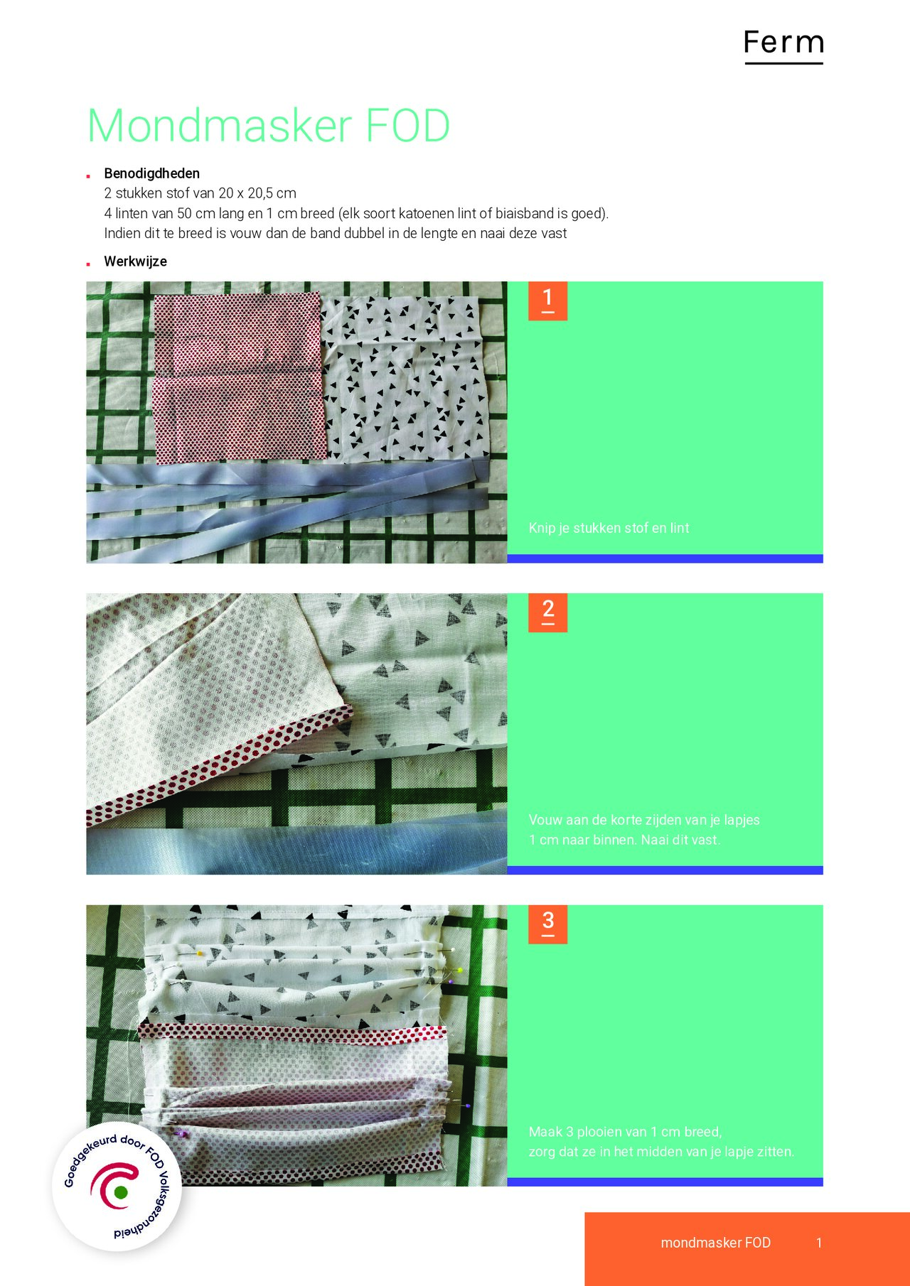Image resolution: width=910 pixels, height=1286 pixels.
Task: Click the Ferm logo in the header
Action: click(783, 44)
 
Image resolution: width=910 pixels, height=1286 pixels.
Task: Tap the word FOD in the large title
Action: click(407, 126)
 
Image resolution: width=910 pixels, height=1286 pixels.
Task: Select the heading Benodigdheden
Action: click(151, 173)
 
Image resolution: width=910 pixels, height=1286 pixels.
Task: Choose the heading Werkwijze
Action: click(135, 261)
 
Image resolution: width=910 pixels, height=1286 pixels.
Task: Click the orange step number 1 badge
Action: click(547, 301)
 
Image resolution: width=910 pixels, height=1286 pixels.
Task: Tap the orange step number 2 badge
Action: click(547, 612)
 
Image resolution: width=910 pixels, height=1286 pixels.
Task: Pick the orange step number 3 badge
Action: click(547, 924)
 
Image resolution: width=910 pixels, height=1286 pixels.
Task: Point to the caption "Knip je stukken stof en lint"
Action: click(609, 528)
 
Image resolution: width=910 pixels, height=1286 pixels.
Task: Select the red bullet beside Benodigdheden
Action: click(88, 175)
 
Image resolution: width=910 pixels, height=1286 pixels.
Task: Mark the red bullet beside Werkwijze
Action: click(88, 264)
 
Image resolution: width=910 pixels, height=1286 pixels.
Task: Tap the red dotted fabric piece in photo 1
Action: click(238, 377)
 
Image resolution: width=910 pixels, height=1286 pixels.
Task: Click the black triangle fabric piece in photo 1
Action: click(405, 377)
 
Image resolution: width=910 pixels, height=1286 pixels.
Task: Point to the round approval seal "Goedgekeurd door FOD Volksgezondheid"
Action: click(117, 1187)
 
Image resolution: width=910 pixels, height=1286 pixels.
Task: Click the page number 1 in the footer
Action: click(819, 1243)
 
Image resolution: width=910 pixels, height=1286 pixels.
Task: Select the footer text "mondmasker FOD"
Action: click(715, 1243)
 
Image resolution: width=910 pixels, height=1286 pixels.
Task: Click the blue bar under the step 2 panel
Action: click(665, 870)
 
